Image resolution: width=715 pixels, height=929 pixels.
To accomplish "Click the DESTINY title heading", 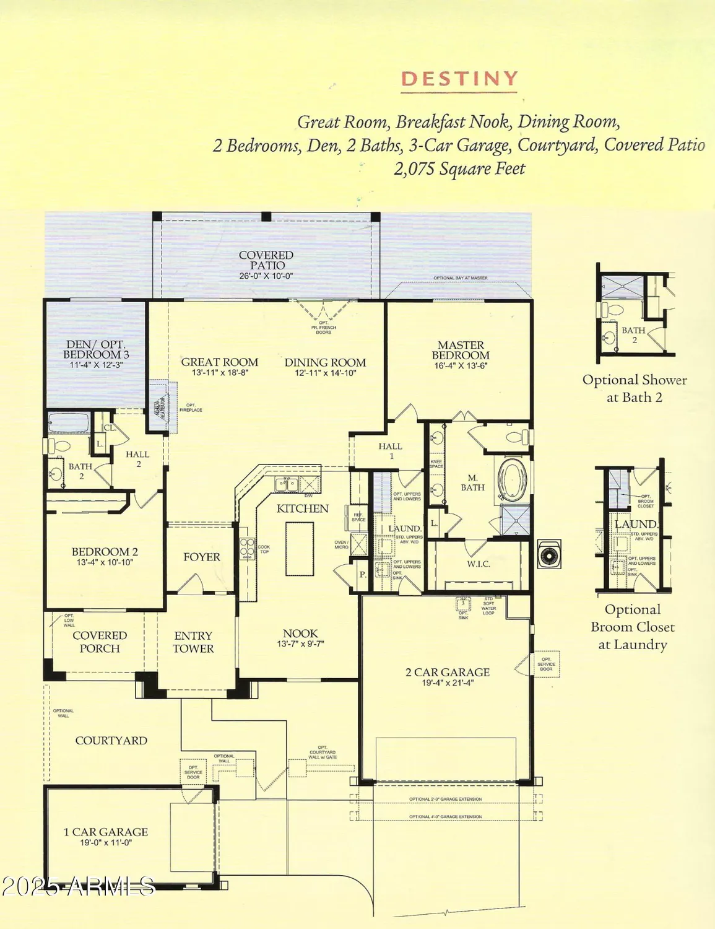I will (459, 79).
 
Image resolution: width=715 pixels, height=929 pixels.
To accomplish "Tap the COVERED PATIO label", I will (266, 260).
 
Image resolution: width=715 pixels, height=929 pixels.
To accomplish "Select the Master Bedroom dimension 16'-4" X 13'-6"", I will (461, 366).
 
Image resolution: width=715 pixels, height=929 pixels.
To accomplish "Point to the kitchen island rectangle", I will (300, 549).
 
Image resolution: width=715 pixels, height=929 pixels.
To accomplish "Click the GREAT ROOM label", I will (220, 362).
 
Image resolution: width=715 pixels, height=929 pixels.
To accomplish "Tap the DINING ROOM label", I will (325, 362).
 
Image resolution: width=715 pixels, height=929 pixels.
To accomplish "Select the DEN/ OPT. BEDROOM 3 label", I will (96, 350).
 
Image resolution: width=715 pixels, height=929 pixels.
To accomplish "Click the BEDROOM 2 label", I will (105, 552).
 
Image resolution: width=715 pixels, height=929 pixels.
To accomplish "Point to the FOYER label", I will (202, 557).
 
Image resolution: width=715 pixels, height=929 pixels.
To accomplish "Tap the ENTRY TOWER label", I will (193, 642).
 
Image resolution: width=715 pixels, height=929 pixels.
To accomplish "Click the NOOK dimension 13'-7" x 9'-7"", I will (300, 644).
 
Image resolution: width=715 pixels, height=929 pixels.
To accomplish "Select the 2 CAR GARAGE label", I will (448, 672).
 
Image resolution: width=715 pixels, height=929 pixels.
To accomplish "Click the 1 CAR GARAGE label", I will (106, 832).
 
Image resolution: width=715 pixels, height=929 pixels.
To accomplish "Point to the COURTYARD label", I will (111, 741).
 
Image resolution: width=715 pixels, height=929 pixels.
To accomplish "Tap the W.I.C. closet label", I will (479, 564).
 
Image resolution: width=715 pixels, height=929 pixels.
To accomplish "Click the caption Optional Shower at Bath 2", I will (635, 389).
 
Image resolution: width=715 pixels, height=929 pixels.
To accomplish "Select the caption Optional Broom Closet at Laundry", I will (633, 627).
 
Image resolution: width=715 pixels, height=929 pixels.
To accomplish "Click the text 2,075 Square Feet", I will (459, 168).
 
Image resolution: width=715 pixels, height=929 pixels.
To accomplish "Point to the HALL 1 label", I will (391, 451).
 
